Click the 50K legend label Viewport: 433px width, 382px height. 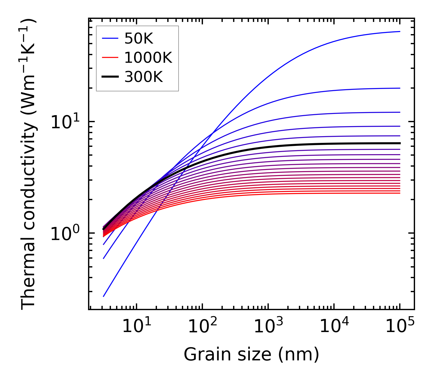tap(139, 39)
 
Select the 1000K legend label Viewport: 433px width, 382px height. tap(148, 58)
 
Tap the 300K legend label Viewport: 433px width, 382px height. tap(144, 77)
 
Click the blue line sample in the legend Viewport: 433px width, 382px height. tap(110, 39)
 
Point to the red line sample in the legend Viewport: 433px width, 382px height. tap(110, 58)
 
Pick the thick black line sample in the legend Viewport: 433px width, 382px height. tap(110, 77)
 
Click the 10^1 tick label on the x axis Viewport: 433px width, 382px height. tap(136, 327)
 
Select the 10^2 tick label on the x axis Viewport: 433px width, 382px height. tap(202, 327)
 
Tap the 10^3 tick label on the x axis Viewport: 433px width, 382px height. tap(268, 327)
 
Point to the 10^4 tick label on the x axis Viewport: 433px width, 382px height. tap(334, 327)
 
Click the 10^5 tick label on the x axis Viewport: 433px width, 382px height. tap(399, 327)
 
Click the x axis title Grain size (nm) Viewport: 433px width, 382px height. tap(251, 355)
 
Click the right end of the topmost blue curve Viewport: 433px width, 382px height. tap(400, 31)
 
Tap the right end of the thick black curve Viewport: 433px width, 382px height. tap(400, 143)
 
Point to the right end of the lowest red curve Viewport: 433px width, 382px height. tap(400, 193)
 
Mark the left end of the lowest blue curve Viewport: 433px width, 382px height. tap(104, 296)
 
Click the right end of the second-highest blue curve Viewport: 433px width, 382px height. tap(400, 88)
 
